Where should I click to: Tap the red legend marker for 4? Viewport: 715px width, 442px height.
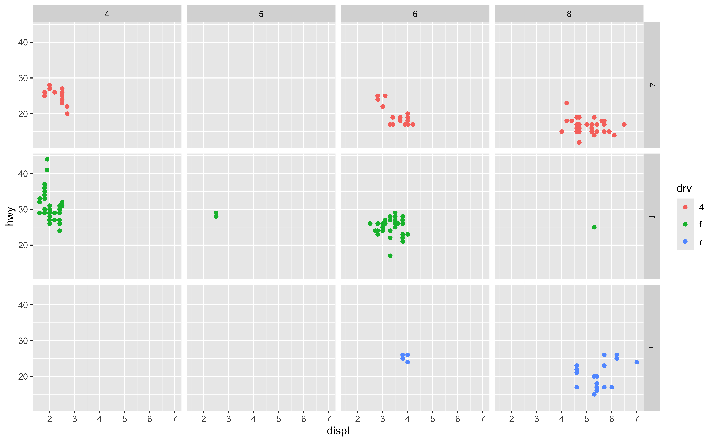click(x=685, y=207)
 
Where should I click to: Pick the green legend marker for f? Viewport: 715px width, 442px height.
click(x=685, y=224)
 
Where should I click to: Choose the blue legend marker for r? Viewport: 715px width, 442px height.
click(x=685, y=241)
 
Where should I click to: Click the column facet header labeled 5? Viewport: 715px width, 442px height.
click(x=261, y=14)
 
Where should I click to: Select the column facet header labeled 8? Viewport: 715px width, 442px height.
click(x=569, y=14)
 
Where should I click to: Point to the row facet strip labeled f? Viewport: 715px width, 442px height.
click(x=652, y=216)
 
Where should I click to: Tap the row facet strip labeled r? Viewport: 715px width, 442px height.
click(x=652, y=348)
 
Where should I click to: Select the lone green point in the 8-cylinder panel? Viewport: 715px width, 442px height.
click(x=594, y=227)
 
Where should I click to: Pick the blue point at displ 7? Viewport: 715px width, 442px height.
click(x=637, y=362)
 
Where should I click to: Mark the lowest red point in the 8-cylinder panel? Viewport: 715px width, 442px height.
click(x=579, y=142)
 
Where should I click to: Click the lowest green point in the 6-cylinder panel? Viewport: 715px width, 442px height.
click(x=390, y=256)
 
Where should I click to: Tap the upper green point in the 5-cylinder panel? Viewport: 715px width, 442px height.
click(x=216, y=213)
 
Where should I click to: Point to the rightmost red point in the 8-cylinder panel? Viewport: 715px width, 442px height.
click(x=624, y=125)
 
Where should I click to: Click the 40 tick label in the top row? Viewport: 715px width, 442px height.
click(x=23, y=42)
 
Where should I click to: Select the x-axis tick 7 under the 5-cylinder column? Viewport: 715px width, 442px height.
click(x=328, y=419)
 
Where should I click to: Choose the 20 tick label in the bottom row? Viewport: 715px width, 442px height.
click(x=23, y=377)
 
